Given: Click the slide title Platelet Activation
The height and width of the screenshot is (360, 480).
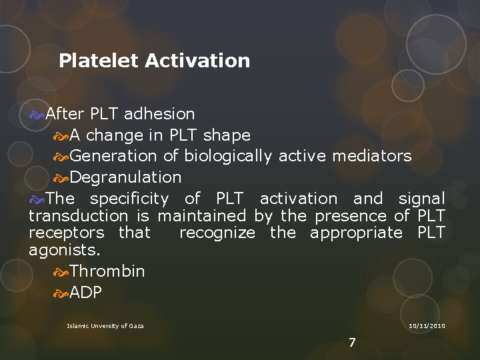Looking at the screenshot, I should tap(154, 61).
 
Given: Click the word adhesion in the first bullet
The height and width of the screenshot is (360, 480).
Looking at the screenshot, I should tap(159, 115).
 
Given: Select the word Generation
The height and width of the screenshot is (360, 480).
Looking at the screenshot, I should tap(113, 156).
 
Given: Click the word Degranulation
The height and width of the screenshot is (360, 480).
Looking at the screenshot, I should tap(125, 177).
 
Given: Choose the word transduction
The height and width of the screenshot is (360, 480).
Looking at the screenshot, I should tap(79, 216).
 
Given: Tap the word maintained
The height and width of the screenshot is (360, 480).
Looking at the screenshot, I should tap(202, 216).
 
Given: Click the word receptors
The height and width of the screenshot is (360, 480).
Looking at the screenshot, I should tap(66, 233).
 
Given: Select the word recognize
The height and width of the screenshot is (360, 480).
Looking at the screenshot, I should tap(217, 233).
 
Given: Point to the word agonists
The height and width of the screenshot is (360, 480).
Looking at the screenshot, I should tap(64, 251).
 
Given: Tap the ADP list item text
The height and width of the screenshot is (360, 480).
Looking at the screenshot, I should tap(86, 293).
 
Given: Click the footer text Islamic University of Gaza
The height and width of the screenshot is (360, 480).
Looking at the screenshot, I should tap(105, 325).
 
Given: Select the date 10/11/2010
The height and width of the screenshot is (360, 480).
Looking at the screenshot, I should tap(427, 325).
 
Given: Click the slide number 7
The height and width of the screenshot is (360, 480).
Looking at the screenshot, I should tap(352, 343).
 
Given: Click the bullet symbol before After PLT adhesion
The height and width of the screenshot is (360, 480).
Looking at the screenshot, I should tap(37, 115).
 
